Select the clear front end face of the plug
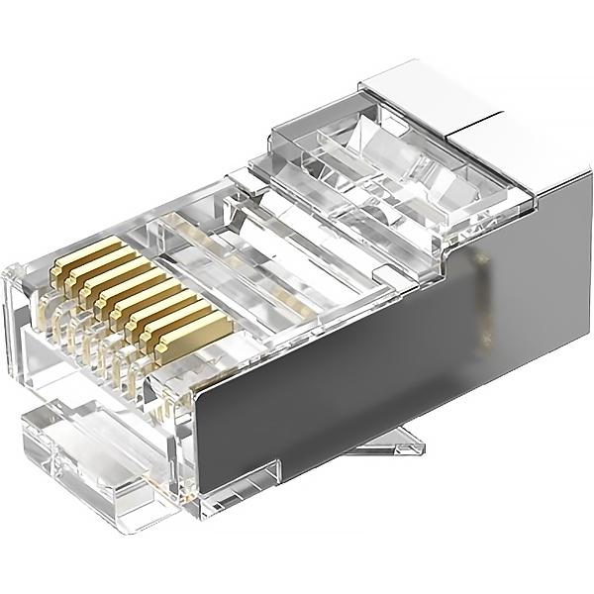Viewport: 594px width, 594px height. [x=25, y=317]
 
